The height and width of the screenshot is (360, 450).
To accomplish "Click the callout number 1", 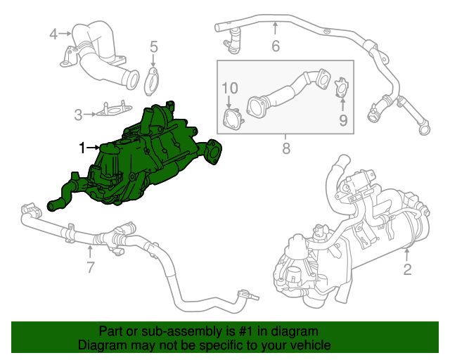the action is (x=82, y=148).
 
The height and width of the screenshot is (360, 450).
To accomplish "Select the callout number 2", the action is (x=408, y=269).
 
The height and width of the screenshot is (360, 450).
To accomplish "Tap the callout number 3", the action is (x=78, y=115).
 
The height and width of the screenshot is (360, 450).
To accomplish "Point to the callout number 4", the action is (x=53, y=34).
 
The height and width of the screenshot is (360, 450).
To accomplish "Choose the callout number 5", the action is (x=154, y=46).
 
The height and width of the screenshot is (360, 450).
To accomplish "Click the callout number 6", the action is (x=276, y=46).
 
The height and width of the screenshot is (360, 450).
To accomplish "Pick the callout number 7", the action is (x=90, y=267).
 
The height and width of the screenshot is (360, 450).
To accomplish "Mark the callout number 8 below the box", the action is (x=286, y=148).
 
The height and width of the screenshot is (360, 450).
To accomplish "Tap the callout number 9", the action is (x=343, y=120).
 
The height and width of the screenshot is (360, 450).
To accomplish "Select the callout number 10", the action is (x=230, y=88).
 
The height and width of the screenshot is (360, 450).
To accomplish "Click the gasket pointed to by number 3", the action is (x=114, y=109).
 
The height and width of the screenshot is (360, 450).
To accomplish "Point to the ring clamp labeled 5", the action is (x=152, y=82).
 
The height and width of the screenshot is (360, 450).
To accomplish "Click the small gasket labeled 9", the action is (x=342, y=87).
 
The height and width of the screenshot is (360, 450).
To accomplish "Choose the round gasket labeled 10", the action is (x=233, y=119).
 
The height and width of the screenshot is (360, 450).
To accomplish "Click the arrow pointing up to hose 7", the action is (x=90, y=252).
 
